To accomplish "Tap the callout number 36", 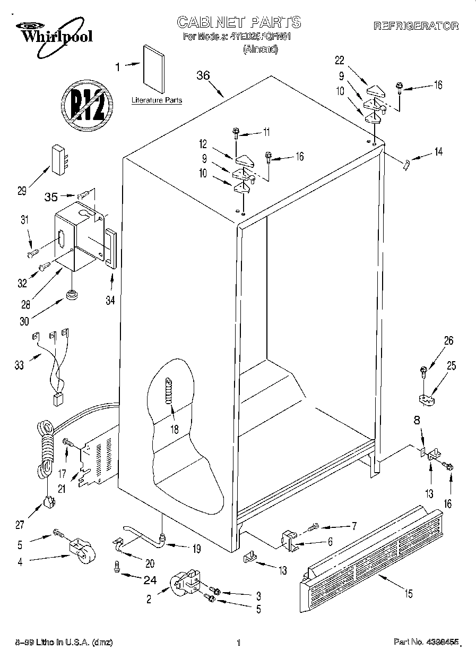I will pyautogui.click(x=203, y=76).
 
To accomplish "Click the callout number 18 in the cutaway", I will pyautogui.click(x=174, y=429).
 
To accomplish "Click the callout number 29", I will pyautogui.click(x=22, y=192).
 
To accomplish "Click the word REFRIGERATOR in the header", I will pyautogui.click(x=416, y=25).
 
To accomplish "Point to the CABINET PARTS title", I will pyautogui.click(x=238, y=22).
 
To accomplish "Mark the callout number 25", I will pyautogui.click(x=452, y=365).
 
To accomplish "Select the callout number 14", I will pyautogui.click(x=438, y=152).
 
